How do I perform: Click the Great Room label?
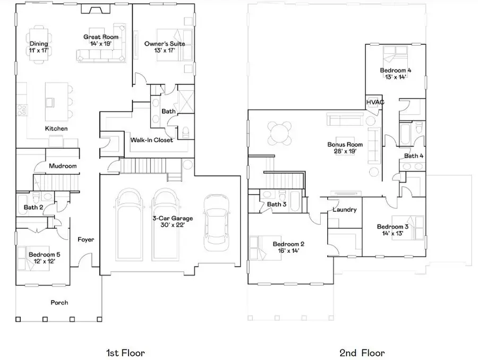click(97, 37)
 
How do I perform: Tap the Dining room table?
click(38, 44)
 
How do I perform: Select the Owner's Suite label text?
click(165, 44)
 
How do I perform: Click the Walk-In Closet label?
click(152, 140)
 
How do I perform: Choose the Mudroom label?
click(63, 166)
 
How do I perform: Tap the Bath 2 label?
click(33, 207)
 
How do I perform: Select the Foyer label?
click(86, 239)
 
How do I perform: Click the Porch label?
click(59, 303)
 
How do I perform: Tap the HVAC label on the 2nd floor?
click(375, 102)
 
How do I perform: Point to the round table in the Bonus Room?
click(280, 133)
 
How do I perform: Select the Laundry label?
click(344, 210)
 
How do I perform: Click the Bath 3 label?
click(277, 204)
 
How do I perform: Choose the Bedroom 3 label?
click(392, 227)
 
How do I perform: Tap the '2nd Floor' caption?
click(362, 353)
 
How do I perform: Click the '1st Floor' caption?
click(125, 353)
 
